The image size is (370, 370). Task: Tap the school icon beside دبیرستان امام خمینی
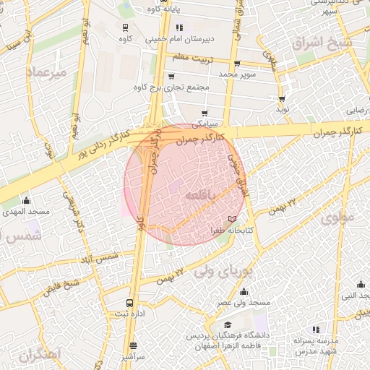179,28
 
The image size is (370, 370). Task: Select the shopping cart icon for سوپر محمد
236,64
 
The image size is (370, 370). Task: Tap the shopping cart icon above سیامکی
205,113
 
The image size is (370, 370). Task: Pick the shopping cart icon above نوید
282,98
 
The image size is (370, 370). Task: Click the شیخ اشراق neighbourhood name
324,43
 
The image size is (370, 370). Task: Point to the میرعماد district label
46,73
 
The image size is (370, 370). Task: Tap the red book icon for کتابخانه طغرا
231,218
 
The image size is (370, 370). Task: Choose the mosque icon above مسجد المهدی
27,200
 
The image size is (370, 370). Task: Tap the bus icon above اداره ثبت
129,304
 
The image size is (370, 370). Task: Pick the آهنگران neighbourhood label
42,356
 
